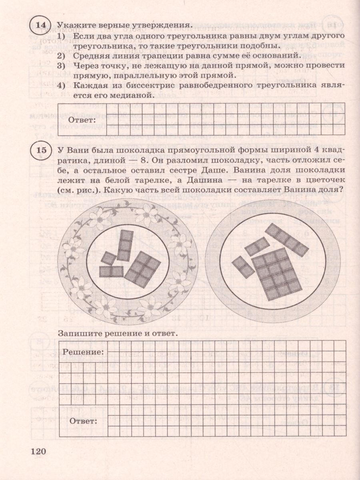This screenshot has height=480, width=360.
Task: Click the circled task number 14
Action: pyautogui.click(x=41, y=25)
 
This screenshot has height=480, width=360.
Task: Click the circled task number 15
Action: pyautogui.click(x=41, y=151)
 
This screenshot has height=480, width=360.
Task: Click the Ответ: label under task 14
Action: pyautogui.click(x=82, y=120)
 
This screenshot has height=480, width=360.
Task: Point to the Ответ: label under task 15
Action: pyautogui.click(x=83, y=421)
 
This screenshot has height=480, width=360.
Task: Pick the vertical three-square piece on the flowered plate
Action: pyautogui.click(x=126, y=245)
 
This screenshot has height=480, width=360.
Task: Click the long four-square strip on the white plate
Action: pyautogui.click(x=286, y=240)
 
